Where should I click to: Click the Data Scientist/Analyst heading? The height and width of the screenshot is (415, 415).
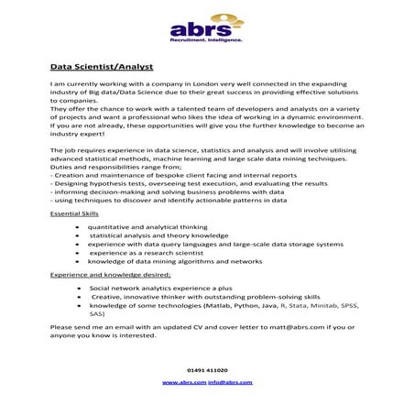[102, 67]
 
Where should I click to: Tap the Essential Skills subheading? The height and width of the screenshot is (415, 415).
[75, 213]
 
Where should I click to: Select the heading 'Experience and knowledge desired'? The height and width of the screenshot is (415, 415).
[107, 274]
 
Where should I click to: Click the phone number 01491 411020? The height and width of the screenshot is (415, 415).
[207, 370]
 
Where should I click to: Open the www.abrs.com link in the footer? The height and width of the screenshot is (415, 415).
[183, 381]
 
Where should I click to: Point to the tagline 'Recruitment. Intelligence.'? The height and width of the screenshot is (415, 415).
[206, 41]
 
